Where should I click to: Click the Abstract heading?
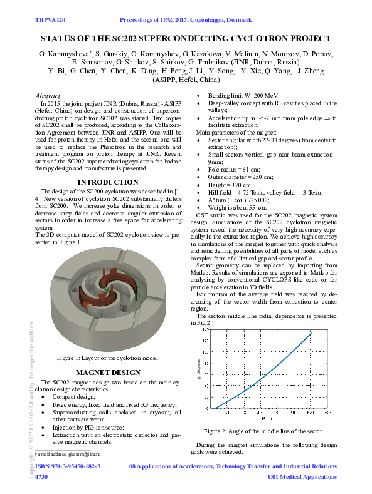[50, 95]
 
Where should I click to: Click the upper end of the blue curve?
[311, 332]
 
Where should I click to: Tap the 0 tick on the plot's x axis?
[211, 413]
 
